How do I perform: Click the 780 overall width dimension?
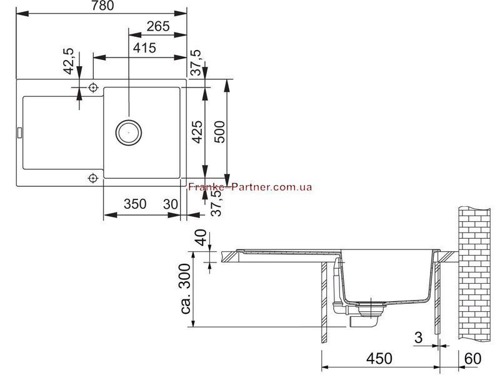pyautogui.click(x=102, y=6)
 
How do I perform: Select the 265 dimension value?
pyautogui.click(x=158, y=26)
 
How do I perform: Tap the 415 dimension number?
pyautogui.click(x=144, y=48)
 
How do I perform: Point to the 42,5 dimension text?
pyautogui.click(x=69, y=61)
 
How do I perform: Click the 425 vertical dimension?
pyautogui.click(x=197, y=132)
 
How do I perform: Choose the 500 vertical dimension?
pyautogui.click(x=219, y=132)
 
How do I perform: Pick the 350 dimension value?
pyautogui.click(x=135, y=204)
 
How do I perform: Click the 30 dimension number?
pyautogui.click(x=171, y=204)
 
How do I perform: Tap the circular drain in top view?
pyautogui.click(x=129, y=132)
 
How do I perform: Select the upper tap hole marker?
pyautogui.click(x=93, y=87)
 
